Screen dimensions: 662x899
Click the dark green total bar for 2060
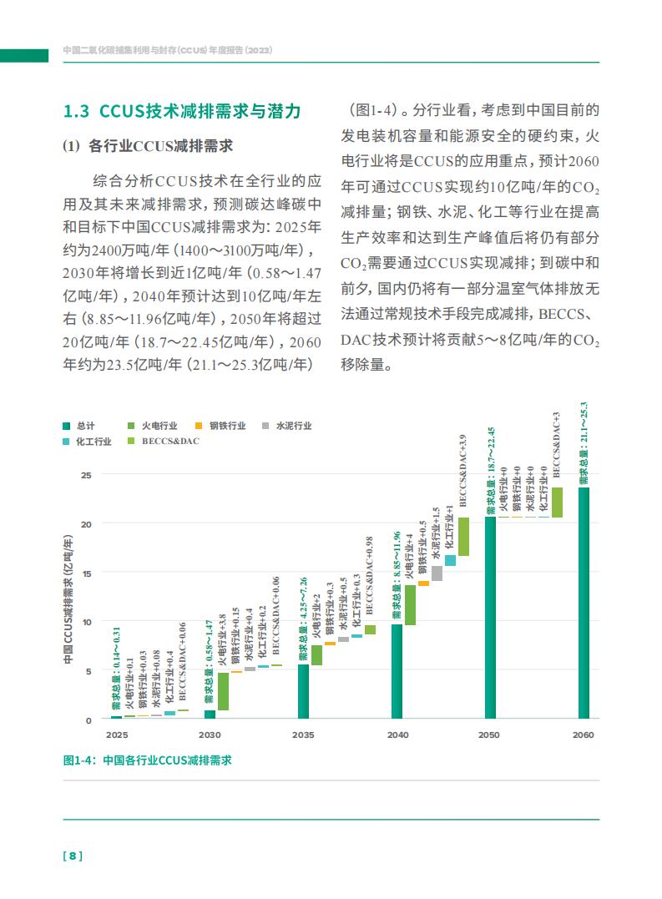tap(584, 603)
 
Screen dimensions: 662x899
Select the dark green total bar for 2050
tap(490, 618)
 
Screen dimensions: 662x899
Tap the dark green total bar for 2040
tap(397, 671)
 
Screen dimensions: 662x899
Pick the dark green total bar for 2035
tap(303, 691)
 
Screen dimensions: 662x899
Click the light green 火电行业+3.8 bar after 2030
tap(223, 691)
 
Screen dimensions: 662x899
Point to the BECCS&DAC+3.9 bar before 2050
tap(463, 537)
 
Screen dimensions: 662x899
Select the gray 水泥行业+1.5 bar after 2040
tap(437, 573)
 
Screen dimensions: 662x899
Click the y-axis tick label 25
tap(86, 475)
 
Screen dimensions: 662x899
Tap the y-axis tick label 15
tap(86, 573)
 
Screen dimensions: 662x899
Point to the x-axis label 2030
tap(210, 735)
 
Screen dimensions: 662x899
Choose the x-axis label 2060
tap(584, 735)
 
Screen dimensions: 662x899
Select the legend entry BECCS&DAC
tap(164, 441)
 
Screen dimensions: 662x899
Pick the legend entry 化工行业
tap(87, 441)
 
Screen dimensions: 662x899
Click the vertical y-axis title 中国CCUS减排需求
tap(68, 599)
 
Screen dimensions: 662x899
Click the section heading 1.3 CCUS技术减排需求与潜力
tap(182, 111)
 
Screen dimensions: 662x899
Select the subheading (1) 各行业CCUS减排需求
tap(148, 146)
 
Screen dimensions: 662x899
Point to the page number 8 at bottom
tap(73, 856)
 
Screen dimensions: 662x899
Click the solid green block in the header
tap(24, 56)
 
